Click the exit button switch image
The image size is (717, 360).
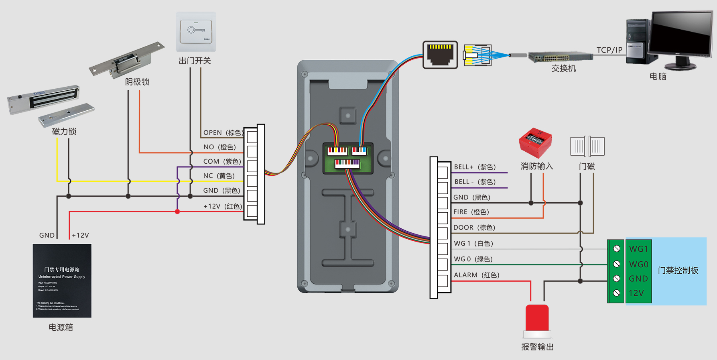196,32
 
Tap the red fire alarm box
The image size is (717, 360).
535,142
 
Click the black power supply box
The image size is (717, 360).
62,281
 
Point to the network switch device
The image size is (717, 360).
560,57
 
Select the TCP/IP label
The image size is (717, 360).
609,50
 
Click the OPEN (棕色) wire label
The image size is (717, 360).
223,132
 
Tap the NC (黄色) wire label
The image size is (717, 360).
219,176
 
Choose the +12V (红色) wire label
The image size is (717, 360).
223,206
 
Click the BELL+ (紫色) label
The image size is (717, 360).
475,167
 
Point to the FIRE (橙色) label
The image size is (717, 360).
471,212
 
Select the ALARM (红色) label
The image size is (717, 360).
476,275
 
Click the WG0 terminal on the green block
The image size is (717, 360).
638,264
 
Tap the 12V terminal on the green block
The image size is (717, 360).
636,293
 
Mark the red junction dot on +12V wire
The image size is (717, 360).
177,212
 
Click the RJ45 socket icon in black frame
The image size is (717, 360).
440,55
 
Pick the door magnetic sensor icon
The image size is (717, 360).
587,146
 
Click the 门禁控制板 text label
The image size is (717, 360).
678,271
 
